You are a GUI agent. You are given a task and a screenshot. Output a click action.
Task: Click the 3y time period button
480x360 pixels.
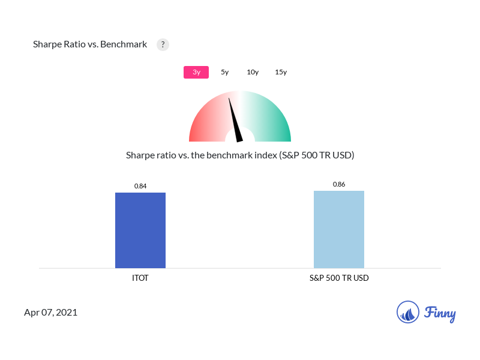click(x=196, y=72)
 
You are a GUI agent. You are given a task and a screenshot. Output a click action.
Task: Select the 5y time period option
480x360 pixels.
click(x=225, y=72)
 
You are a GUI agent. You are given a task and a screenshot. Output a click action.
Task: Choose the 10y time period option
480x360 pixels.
click(x=253, y=72)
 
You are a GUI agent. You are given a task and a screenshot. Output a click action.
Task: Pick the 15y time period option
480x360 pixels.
click(x=281, y=72)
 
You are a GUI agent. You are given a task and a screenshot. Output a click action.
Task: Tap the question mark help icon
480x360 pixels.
click(x=163, y=44)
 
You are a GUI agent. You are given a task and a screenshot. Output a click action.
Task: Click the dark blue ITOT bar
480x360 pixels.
click(x=140, y=230)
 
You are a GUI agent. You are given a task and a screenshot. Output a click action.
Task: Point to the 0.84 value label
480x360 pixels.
click(x=140, y=186)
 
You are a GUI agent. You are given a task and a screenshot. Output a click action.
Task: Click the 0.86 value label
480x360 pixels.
click(x=339, y=184)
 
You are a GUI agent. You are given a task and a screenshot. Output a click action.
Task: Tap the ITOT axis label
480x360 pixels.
click(x=140, y=278)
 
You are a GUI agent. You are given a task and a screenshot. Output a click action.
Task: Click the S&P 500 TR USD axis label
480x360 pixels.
click(x=339, y=278)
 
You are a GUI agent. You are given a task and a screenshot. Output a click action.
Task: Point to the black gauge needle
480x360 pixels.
click(x=235, y=120)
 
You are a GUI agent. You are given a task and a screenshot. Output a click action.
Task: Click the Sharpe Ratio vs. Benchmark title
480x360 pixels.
click(x=90, y=44)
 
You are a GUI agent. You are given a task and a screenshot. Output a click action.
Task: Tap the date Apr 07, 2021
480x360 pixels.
click(x=51, y=313)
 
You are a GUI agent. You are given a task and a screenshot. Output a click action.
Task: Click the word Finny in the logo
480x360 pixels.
click(x=440, y=313)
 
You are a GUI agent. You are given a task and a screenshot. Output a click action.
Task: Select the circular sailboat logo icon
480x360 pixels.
click(x=408, y=312)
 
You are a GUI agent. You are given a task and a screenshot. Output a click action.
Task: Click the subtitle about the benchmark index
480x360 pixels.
click(x=240, y=155)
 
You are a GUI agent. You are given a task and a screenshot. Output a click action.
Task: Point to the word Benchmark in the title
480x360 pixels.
click(x=124, y=44)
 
